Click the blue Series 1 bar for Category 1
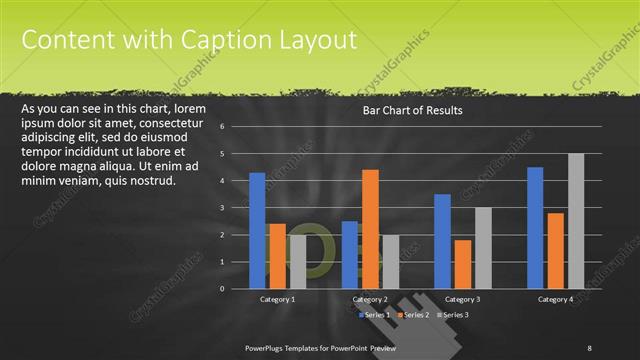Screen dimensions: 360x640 (257, 230)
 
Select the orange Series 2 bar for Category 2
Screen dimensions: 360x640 (370, 228)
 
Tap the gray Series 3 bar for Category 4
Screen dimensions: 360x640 (576, 220)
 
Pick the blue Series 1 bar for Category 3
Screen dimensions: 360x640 (442, 241)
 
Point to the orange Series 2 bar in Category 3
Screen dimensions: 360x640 (462, 264)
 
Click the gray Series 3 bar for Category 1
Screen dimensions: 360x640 (297, 261)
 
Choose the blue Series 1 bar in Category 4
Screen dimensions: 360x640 (535, 227)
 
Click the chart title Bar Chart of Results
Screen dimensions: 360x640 (412, 110)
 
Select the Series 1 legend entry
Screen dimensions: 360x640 (376, 315)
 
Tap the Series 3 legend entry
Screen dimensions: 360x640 (452, 315)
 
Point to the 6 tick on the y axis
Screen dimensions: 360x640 (236, 127)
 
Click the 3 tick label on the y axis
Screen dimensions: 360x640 (236, 208)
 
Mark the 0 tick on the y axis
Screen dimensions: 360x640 (236, 289)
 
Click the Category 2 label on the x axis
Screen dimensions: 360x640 (370, 299)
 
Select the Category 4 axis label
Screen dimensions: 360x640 (555, 299)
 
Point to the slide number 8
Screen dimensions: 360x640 (589, 347)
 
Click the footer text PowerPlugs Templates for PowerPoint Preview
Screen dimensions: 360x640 (321, 347)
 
